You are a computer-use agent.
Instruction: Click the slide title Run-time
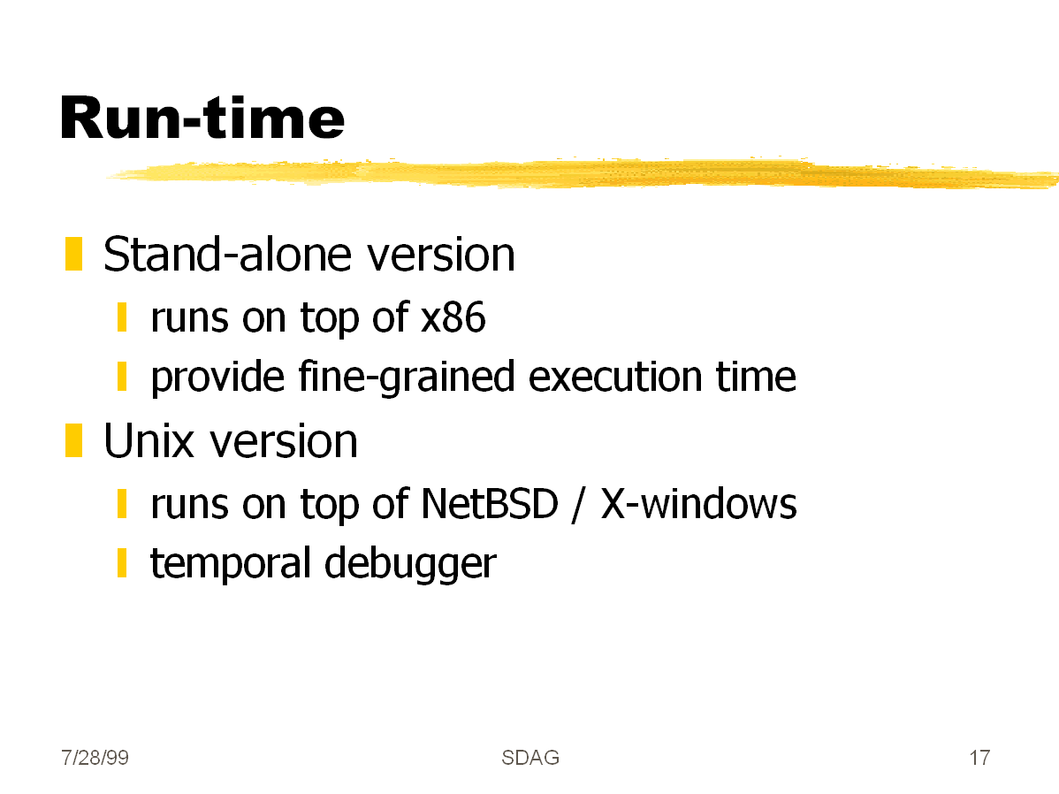202,118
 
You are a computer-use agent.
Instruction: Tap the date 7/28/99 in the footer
95,758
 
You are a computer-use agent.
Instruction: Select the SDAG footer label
530,758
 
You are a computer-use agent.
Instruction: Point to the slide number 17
980,758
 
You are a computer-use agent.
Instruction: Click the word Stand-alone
228,255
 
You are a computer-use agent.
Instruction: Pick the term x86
453,317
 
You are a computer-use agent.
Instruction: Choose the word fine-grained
406,377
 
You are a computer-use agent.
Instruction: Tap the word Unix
149,441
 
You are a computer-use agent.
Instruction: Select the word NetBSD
490,504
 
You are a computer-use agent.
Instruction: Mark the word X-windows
699,504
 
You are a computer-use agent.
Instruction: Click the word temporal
231,563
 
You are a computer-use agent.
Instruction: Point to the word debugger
410,563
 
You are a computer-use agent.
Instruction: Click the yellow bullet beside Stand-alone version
73,254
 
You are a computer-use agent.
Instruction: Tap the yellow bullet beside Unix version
73,440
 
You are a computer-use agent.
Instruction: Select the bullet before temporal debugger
122,563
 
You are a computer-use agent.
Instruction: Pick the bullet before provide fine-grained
122,377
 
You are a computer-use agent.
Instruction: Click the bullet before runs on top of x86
122,317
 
